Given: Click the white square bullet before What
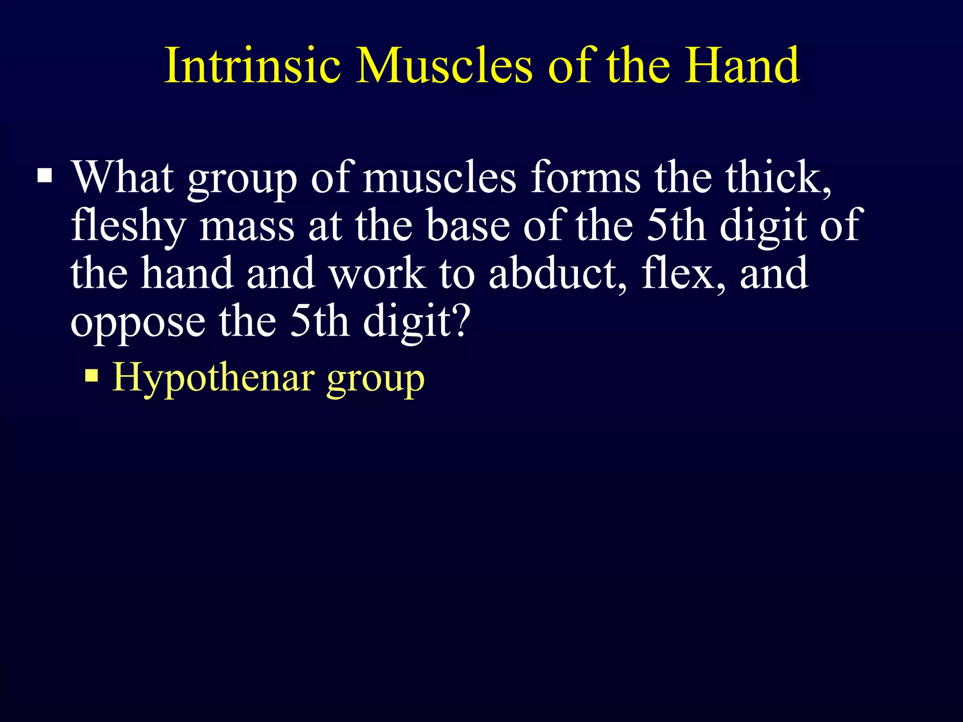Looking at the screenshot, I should coord(45,176).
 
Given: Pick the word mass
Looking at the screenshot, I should coord(246,227).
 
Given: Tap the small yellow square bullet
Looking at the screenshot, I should coord(92,375).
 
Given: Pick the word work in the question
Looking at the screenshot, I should coord(378,274).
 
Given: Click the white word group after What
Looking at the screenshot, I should coord(242,181).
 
